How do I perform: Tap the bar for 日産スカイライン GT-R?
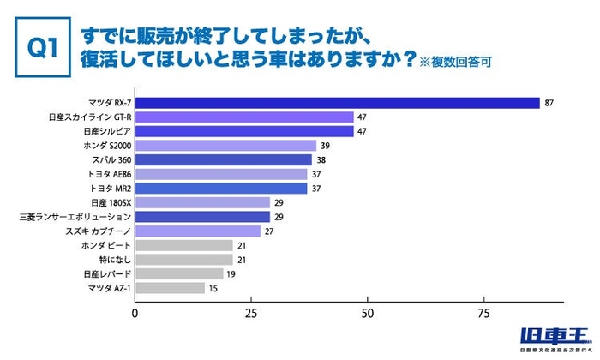(244, 117)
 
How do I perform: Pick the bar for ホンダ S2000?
(225, 146)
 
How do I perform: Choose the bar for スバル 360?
(223, 159)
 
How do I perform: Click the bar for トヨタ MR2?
(221, 189)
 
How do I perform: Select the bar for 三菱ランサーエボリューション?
(202, 217)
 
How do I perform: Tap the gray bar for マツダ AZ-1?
(170, 288)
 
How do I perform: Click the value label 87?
(549, 103)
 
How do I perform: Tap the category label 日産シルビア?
(106, 131)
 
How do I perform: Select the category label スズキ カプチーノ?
(97, 231)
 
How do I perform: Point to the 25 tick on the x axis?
(251, 312)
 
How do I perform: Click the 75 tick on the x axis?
(484, 312)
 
